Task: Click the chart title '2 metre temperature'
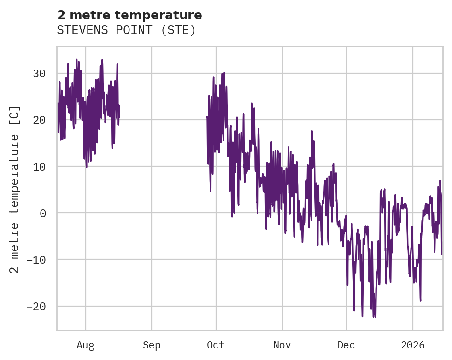coord(129,15)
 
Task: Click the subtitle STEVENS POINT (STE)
coord(126,30)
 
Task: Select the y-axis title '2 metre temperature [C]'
coord(15,189)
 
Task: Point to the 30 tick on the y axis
coord(39,73)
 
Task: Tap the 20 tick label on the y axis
coord(39,120)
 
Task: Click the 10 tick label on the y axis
coord(39,166)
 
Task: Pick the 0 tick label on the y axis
coord(42,213)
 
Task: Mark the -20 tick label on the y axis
coord(36,306)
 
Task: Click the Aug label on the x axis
coord(85,345)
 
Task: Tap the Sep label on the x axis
coord(152,345)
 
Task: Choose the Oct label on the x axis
coord(216,345)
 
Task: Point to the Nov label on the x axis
coord(282,345)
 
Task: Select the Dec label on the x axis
coord(346,345)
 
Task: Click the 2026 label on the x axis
coord(412,345)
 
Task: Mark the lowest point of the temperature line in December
coord(375,317)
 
